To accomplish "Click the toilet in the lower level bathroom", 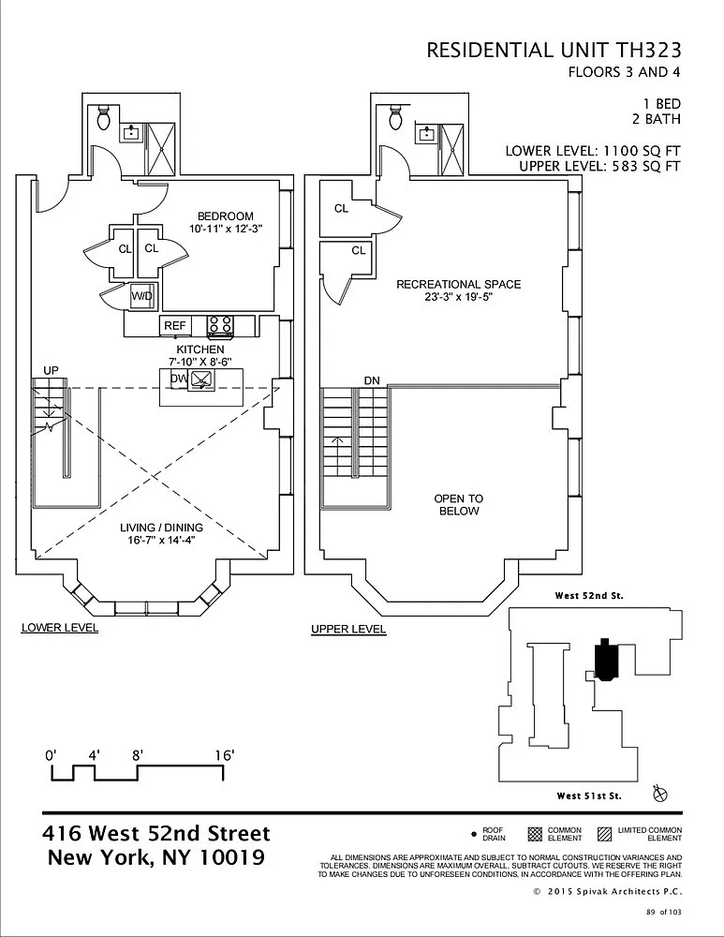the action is coord(104,118).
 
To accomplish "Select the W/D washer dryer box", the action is coord(142,296).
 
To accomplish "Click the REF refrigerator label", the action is coord(175,326).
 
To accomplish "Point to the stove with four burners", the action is coord(220,325).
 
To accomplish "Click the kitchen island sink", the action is coord(200,379).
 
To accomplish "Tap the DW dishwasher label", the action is coord(179,379).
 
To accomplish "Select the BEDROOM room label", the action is coord(225,216).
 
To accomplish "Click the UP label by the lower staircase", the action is coord(51,370).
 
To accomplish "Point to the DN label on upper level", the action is coord(372,380).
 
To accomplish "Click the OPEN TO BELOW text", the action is coord(459,504).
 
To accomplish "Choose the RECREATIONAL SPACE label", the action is coord(459,285).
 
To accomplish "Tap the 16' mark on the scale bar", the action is coord(224,755).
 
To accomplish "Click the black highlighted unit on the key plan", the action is coord(605,659).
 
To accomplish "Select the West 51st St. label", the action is coord(589,796).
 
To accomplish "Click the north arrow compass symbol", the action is coord(660,794).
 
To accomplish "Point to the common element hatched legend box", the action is coord(535,834).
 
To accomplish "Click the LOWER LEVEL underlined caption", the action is coord(60,628).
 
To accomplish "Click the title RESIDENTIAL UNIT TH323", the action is coord(554,51).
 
